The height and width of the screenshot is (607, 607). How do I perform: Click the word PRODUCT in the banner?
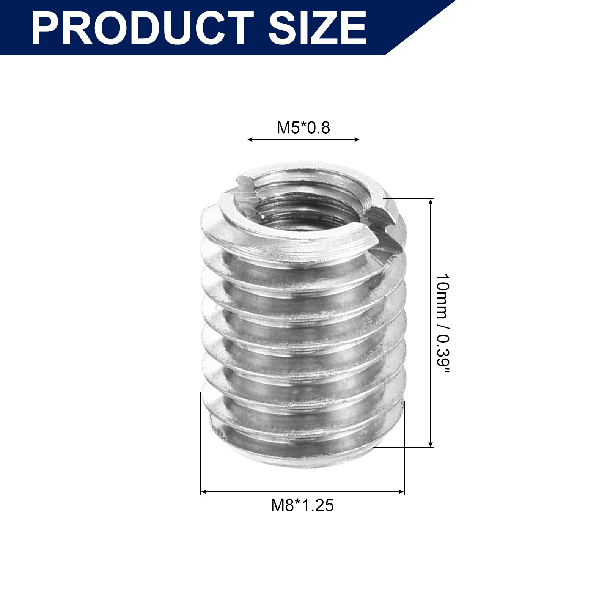pyautogui.click(x=143, y=28)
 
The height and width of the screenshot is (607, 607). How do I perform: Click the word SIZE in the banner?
pyautogui.click(x=318, y=28)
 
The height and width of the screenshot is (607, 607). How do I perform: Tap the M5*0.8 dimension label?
pyautogui.click(x=303, y=128)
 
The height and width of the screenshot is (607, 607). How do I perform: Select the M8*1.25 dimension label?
pyautogui.click(x=302, y=505)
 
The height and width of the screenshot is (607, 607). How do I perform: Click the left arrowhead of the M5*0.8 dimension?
pyautogui.click(x=250, y=140)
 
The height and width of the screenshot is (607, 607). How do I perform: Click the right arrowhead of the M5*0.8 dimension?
pyautogui.click(x=357, y=140)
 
